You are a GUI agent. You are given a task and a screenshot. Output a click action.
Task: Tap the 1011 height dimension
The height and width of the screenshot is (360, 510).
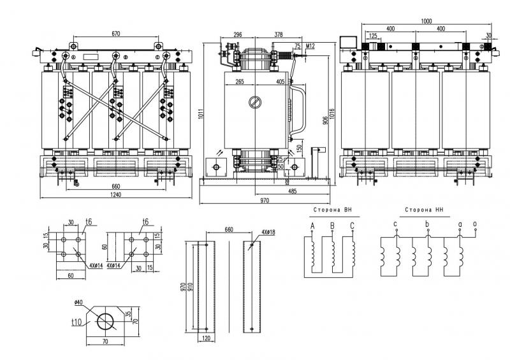(201, 114)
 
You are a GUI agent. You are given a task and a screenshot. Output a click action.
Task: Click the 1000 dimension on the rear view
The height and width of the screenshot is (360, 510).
(426, 21)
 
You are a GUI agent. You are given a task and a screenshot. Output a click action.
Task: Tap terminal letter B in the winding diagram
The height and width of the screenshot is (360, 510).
(332, 226)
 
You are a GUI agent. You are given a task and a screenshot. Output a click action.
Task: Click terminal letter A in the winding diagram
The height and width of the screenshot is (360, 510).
(312, 226)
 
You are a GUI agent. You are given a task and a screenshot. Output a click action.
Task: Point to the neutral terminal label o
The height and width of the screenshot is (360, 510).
(474, 224)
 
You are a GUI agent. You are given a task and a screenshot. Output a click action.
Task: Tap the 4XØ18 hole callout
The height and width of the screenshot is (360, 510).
(268, 232)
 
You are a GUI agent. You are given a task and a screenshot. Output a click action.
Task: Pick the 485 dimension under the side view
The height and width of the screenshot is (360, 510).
(292, 191)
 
